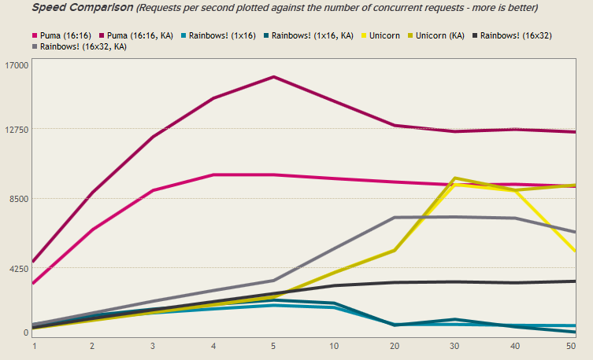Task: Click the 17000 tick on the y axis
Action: click(x=16, y=64)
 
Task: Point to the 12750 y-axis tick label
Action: click(x=16, y=129)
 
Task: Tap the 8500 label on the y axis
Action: click(x=18, y=199)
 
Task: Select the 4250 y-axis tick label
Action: click(x=18, y=269)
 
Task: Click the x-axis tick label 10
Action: click(x=334, y=346)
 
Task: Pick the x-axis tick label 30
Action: click(x=454, y=346)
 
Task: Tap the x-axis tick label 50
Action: click(x=570, y=346)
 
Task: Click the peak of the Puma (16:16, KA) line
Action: click(x=273, y=77)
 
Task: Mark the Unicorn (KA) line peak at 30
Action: click(x=454, y=178)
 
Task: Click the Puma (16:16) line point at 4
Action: click(x=213, y=174)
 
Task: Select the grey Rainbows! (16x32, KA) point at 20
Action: click(x=395, y=218)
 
